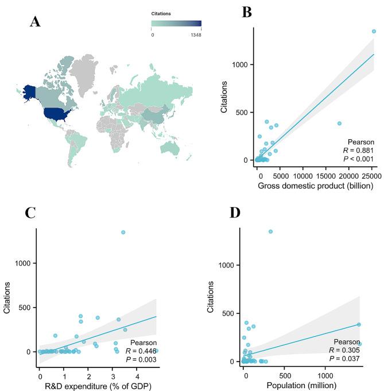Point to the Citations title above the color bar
[x=161, y=13]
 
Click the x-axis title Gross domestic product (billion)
[x=315, y=186]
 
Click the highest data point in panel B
[x=374, y=32]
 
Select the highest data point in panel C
[x=123, y=232]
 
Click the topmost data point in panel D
[x=270, y=232]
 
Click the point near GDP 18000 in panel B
[x=339, y=123]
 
